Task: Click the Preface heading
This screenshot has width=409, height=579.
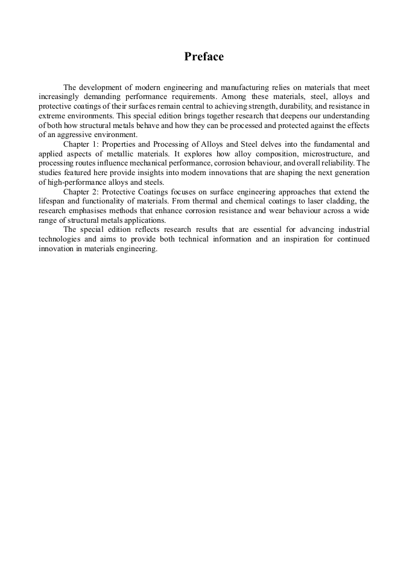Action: (x=204, y=57)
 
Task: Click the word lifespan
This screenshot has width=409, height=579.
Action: (x=52, y=200)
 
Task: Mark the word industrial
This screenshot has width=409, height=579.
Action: (x=350, y=230)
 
